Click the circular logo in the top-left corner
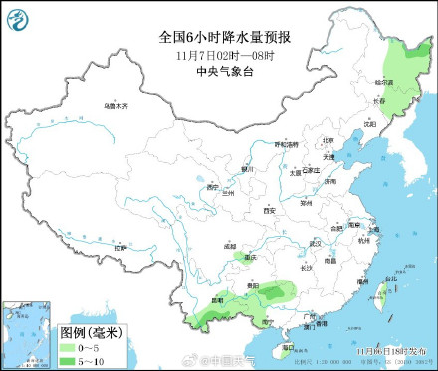tap(18, 16)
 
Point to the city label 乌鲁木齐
tap(117, 105)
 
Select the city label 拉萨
tap(121, 246)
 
